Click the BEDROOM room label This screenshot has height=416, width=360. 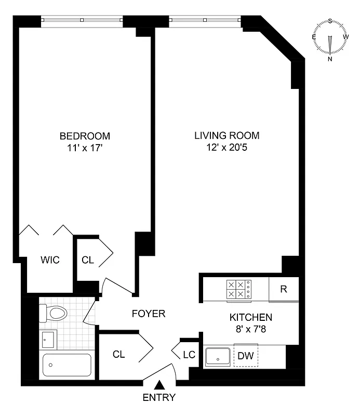coord(85,136)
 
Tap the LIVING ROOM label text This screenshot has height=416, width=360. coord(226,136)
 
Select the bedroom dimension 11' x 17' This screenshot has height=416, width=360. coord(85,148)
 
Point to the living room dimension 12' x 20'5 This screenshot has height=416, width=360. coord(226,148)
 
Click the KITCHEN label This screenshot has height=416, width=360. coord(251,317)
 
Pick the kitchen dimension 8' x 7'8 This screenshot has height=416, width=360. coord(251,329)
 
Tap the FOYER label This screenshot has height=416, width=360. coord(148,314)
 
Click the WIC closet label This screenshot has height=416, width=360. coord(50,260)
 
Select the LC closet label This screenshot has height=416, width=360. coord(189,355)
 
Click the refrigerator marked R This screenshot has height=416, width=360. coord(284,290)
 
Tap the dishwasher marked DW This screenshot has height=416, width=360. coord(246,356)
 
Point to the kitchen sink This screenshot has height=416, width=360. coord(217,357)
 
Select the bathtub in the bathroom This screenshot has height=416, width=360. coord(67,366)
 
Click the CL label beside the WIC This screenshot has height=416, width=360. coord(88,260)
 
